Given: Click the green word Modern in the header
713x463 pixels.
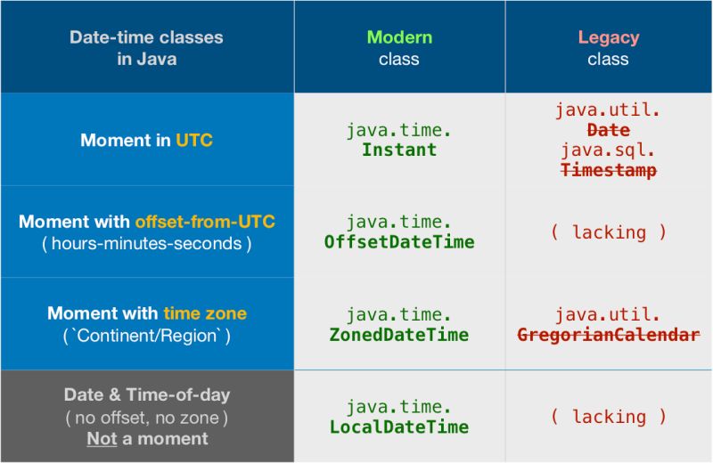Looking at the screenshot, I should (399, 37).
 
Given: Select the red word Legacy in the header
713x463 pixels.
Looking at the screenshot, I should (608, 37).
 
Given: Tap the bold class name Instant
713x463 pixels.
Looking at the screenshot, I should (399, 150).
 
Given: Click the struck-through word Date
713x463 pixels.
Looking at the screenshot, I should (609, 130).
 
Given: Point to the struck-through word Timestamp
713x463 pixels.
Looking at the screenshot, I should (609, 170).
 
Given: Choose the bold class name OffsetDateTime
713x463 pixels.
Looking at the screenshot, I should (399, 242).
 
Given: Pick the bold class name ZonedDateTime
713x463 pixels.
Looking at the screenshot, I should (399, 335).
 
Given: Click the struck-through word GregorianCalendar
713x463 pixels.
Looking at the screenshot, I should (609, 335).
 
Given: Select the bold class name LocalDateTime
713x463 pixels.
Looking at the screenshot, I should (399, 427).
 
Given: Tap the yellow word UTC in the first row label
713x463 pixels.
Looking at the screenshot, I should (194, 141).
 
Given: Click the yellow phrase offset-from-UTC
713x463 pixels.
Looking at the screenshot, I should (205, 222).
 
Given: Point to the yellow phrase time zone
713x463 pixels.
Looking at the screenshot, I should (205, 313).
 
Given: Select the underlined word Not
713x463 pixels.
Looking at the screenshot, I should (102, 439).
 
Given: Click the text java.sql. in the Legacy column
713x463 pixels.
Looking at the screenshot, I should (609, 150).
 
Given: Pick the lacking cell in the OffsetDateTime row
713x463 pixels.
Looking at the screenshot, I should (609, 232).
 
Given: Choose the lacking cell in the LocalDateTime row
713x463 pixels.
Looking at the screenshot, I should (609, 417).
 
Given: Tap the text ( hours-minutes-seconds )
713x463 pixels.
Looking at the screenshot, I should (147, 244).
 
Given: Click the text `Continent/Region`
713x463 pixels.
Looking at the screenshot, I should (147, 337).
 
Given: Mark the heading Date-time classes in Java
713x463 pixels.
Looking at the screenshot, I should (146, 48).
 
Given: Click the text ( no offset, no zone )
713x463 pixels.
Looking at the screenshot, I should (147, 417).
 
